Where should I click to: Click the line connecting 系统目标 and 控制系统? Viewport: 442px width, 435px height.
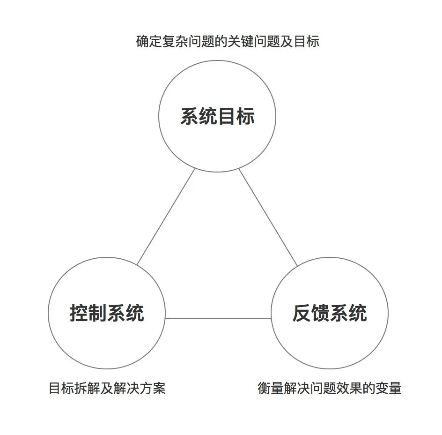[166, 216]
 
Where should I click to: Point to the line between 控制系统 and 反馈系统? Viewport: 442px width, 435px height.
[218, 318]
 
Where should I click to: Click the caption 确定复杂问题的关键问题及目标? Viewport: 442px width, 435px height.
[228, 42]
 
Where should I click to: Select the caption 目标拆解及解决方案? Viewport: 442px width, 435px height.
[107, 389]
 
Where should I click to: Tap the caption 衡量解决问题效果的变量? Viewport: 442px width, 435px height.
[329, 389]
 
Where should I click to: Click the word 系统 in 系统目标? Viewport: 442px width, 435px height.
[199, 116]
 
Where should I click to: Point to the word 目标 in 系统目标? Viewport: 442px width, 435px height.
[236, 116]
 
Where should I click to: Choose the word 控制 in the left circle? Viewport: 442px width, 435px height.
[88, 313]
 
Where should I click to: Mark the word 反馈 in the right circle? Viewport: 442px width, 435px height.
[311, 313]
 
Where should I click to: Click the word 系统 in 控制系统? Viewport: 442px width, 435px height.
[125, 313]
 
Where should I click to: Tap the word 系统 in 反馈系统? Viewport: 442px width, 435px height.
[348, 313]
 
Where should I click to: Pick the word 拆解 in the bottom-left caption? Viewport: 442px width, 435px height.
[87, 389]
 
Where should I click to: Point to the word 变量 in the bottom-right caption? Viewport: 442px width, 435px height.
[389, 389]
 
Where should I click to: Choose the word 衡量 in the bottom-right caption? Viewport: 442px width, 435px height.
[271, 389]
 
